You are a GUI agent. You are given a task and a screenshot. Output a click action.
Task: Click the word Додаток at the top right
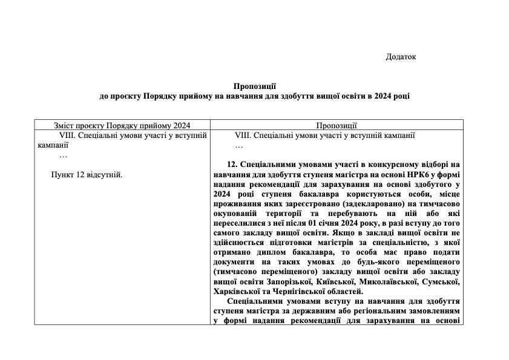(x=401, y=57)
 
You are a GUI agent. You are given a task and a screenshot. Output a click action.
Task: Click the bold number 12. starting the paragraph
(x=234, y=165)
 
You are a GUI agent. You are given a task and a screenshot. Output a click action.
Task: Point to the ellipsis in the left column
(x=64, y=155)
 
